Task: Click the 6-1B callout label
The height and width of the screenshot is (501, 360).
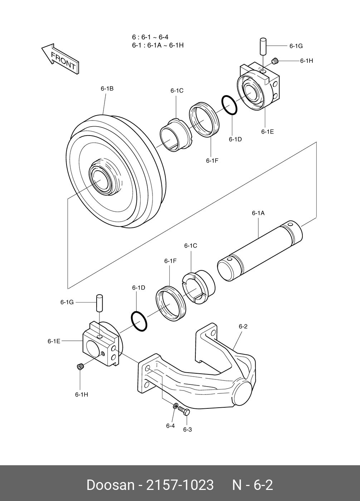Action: (x=107, y=88)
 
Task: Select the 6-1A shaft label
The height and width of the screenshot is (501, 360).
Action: (x=258, y=213)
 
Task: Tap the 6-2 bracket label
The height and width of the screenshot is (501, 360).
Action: (x=243, y=326)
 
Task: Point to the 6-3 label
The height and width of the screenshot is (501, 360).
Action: (x=188, y=429)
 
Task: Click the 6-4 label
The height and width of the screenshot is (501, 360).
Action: (x=170, y=426)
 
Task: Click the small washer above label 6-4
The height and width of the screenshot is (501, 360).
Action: (x=175, y=406)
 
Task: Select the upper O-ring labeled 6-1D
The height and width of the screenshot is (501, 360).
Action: (x=229, y=105)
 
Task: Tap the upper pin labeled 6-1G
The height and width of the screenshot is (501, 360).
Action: (x=263, y=46)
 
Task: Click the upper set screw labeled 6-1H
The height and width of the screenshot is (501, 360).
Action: (x=275, y=61)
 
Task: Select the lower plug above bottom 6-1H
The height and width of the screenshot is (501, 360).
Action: (x=81, y=367)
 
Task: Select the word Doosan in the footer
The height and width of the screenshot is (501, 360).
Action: (x=110, y=485)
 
